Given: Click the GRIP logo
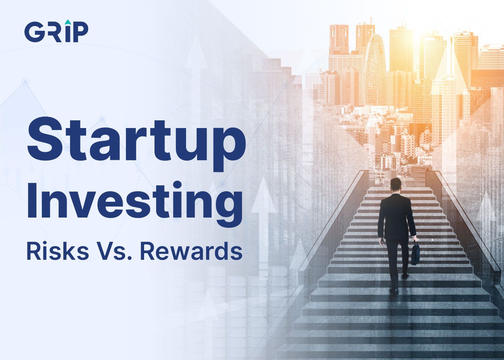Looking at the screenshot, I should (x=56, y=32).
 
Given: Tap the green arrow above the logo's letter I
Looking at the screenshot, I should (x=68, y=22).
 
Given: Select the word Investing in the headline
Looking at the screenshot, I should (x=134, y=201).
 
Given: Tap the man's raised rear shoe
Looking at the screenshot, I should (x=405, y=276).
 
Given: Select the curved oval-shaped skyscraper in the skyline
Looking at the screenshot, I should (x=375, y=67).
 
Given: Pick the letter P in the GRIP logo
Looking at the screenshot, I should (x=80, y=32).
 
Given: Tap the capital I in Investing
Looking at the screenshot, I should (x=33, y=200).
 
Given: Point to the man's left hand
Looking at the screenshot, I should (x=381, y=241).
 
